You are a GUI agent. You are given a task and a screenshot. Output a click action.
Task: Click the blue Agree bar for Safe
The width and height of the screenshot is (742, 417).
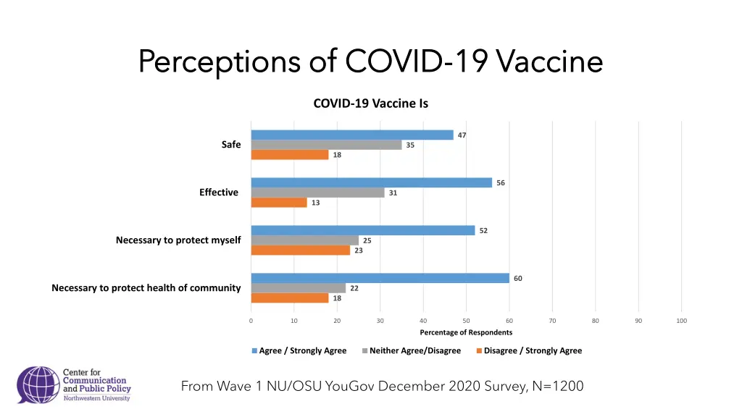pyautogui.click(x=352, y=135)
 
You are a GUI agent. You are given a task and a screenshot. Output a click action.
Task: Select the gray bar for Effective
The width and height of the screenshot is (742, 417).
pyautogui.click(x=318, y=193)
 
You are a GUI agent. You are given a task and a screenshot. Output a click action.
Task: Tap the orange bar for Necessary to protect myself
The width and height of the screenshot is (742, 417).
pyautogui.click(x=301, y=250)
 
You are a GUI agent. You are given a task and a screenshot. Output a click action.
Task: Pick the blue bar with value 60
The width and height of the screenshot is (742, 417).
pyautogui.click(x=380, y=278)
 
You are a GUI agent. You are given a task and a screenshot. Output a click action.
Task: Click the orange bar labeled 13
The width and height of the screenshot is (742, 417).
pyautogui.click(x=279, y=203)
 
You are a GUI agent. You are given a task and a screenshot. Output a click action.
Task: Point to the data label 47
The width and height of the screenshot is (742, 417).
pyautogui.click(x=462, y=135)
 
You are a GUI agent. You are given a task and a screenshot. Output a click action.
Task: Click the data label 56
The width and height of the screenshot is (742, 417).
pyautogui.click(x=501, y=182)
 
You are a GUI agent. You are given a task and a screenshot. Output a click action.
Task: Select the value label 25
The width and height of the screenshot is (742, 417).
pyautogui.click(x=367, y=240)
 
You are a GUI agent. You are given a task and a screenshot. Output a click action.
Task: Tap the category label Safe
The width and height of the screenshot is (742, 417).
pyautogui.click(x=231, y=145)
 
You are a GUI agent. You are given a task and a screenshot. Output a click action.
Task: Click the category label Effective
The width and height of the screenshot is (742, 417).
pyautogui.click(x=219, y=193)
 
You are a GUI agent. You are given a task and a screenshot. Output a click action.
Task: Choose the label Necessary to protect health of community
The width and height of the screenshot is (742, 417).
pyautogui.click(x=146, y=288)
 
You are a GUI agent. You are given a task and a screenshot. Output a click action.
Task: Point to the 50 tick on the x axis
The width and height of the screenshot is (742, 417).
pyautogui.click(x=466, y=321)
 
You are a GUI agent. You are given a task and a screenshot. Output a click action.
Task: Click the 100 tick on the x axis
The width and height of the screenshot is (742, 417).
pyautogui.click(x=681, y=321)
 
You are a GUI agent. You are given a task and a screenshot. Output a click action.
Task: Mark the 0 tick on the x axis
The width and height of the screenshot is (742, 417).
pyautogui.click(x=251, y=321)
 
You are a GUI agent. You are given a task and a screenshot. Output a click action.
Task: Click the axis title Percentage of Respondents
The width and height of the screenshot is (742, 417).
pyautogui.click(x=466, y=332)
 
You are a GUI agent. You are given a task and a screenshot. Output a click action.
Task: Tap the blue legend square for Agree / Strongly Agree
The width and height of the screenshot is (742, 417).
pyautogui.click(x=254, y=351)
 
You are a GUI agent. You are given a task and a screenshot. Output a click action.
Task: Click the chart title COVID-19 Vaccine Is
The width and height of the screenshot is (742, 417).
pyautogui.click(x=370, y=104)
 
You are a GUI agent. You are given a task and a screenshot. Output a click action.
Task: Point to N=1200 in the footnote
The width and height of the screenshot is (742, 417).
pyautogui.click(x=557, y=387)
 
